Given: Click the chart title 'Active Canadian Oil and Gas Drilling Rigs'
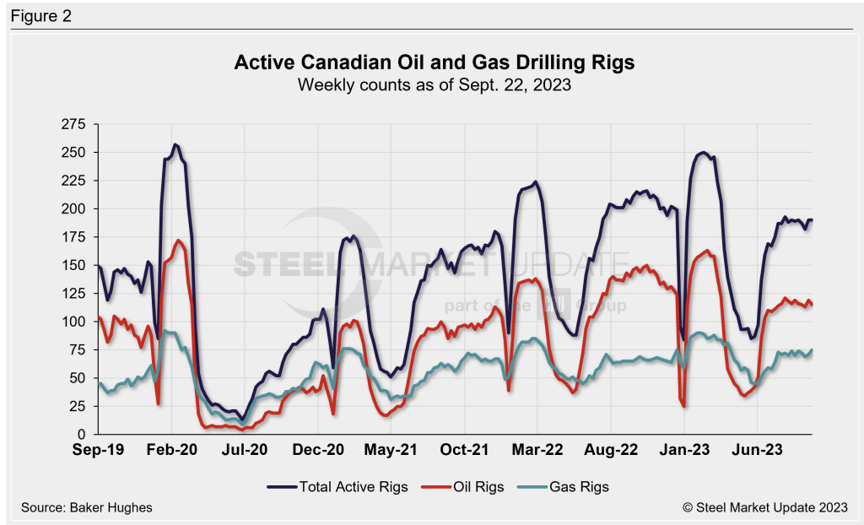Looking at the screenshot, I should [431, 63].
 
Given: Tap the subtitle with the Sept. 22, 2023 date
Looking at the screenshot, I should [431, 84].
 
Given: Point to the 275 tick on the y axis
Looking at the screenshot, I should [74, 124].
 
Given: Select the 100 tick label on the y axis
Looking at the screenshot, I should [74, 322].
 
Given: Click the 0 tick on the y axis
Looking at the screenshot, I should [81, 434].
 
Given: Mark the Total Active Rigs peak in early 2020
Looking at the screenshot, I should [175, 144].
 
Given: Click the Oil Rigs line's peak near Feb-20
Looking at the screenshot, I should [178, 241].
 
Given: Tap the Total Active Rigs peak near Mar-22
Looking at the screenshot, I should [536, 181].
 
